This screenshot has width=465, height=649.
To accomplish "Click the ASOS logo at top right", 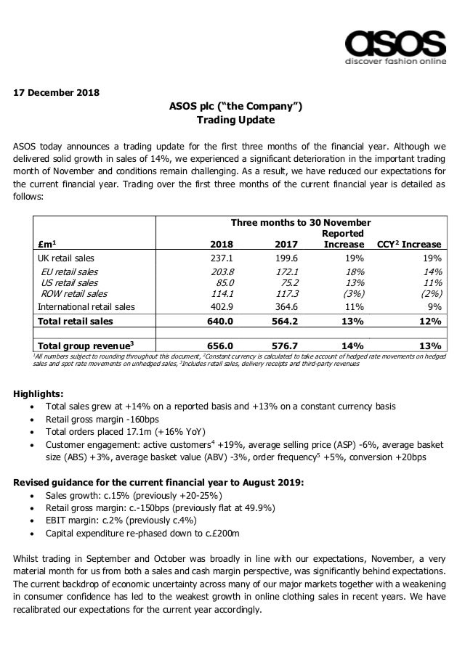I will [x=395, y=46].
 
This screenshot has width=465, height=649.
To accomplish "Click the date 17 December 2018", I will [x=56, y=92].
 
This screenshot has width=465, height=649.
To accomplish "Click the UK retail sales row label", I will [x=65, y=258].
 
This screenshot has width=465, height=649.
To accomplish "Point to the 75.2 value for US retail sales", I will [x=276, y=282].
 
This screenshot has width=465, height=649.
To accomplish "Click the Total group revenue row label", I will [x=83, y=346].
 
